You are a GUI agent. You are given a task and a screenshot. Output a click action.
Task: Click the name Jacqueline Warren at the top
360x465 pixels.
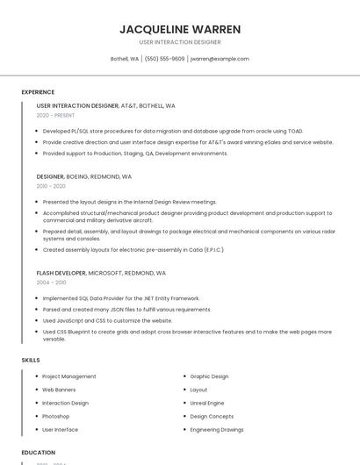[x=180, y=29]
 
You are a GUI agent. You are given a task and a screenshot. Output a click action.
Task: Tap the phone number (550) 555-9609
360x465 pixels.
[x=164, y=59]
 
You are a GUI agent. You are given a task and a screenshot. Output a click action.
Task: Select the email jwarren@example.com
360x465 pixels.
[x=220, y=59]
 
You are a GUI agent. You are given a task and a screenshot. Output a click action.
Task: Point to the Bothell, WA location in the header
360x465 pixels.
[x=124, y=59]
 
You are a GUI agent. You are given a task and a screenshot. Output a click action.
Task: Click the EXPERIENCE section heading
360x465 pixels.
[x=38, y=92]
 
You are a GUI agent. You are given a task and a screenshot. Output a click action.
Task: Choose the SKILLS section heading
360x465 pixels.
[x=31, y=361]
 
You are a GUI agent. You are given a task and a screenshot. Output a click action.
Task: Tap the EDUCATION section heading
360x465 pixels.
[x=38, y=452]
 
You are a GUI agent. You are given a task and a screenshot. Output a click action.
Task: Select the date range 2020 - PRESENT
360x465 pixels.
[x=55, y=115]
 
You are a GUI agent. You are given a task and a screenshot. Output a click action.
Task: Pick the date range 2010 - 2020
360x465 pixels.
[x=51, y=186]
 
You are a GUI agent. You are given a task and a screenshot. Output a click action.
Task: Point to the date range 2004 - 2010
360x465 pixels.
[x=51, y=283]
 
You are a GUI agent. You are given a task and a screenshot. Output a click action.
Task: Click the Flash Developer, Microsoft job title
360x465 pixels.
[x=101, y=273]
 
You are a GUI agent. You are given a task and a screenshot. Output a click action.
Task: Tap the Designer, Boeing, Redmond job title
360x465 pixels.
[x=84, y=176]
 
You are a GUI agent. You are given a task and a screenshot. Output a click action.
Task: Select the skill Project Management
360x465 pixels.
[x=69, y=376]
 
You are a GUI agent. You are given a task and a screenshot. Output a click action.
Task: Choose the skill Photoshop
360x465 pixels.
[x=56, y=416]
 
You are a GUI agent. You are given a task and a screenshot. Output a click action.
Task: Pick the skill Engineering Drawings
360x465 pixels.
[x=217, y=430]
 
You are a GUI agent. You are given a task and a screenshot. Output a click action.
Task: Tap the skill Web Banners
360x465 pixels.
[x=60, y=390]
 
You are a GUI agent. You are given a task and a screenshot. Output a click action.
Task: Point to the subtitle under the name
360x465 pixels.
[x=180, y=42]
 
